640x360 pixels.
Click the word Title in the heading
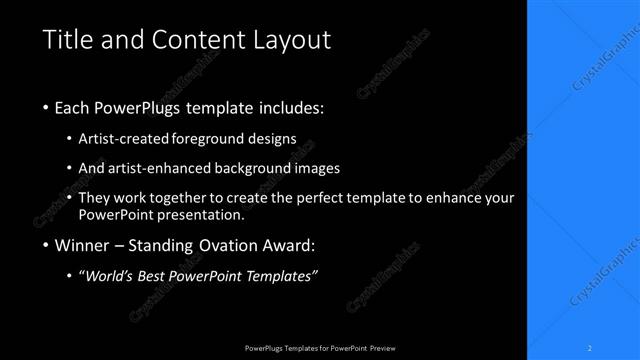click(x=67, y=40)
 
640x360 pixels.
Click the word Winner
click(x=82, y=245)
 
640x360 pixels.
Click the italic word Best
click(x=170, y=277)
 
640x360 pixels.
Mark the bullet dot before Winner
click(x=46, y=245)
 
